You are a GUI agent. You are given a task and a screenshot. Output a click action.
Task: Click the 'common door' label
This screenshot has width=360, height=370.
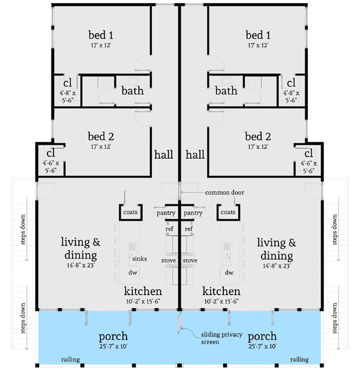pos(224,192)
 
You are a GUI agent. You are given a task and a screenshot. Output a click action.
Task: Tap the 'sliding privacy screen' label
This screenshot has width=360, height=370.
pos(221,338)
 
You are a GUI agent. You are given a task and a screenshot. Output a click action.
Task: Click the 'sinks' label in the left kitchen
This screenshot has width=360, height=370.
pos(140,258)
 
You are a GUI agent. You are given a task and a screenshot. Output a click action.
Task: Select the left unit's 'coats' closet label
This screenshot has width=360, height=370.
pos(130,212)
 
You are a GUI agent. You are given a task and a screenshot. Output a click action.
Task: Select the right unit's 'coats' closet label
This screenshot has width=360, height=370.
pos(228,212)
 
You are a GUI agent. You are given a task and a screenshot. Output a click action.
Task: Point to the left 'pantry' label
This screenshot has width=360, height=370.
pos(166,213)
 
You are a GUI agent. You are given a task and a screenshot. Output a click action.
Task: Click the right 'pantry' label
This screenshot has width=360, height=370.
pos(193,213)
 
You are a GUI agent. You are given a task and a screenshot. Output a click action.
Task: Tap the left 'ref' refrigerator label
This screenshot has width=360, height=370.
pos(169,228)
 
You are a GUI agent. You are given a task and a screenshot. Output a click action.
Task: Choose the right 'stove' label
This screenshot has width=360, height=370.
pos(190,260)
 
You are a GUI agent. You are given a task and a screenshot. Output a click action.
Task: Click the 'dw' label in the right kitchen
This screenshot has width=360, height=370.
pos(229,272)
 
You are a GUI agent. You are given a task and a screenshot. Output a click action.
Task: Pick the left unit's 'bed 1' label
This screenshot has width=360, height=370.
pos(101,35)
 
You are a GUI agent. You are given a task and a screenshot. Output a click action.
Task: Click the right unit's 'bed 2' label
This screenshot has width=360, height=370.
pos(258,136)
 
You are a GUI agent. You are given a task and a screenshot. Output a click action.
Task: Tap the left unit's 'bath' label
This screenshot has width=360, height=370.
pos(133,91)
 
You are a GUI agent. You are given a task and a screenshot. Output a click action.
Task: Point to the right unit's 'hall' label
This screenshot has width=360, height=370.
pos(195,155)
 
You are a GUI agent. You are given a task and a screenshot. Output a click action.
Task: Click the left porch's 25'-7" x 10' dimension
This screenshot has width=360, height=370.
pos(113,347)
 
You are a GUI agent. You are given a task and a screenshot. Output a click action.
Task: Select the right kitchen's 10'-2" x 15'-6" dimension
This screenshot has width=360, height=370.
pos(221,301)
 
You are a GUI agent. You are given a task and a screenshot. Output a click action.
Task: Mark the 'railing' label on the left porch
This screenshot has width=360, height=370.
pos(70,360)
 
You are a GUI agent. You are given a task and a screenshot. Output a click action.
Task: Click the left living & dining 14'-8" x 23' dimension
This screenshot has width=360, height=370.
pos(80,265)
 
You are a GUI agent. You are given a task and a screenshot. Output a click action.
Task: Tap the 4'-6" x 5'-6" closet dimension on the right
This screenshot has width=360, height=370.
pos(308,167)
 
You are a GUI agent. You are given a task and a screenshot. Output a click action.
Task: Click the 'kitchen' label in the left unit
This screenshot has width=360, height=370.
pos(143,291)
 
